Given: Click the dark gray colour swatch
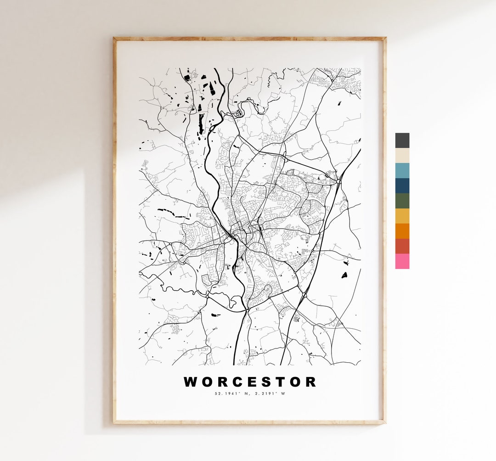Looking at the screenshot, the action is [x=402, y=141].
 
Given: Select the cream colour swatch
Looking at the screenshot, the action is [x=402, y=156].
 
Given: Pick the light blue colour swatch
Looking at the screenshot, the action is [x=402, y=170].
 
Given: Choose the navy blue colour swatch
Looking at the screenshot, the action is [x=402, y=186].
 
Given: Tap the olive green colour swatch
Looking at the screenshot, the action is [x=402, y=201].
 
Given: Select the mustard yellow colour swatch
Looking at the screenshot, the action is [x=402, y=216].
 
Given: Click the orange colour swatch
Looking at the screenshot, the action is [x=402, y=231].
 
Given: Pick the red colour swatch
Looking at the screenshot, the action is [x=402, y=246].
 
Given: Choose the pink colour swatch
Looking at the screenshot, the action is [x=402, y=261].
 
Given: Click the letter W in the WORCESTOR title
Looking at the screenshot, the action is [x=191, y=382].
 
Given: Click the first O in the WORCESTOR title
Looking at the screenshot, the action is [x=207, y=382].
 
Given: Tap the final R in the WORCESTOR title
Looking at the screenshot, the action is [x=310, y=382].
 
